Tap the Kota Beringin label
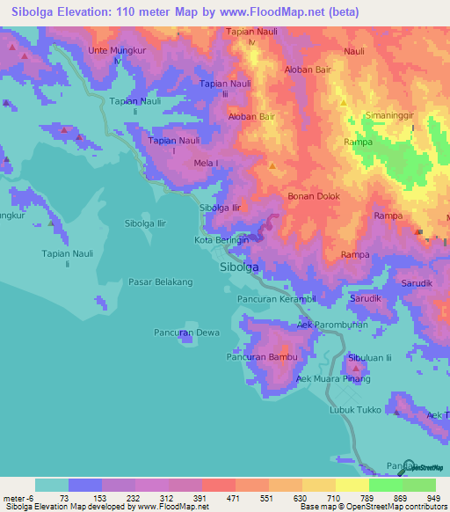click(221, 239)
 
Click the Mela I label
click(205, 163)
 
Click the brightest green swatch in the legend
click(385, 485)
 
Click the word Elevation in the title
click(91, 12)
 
